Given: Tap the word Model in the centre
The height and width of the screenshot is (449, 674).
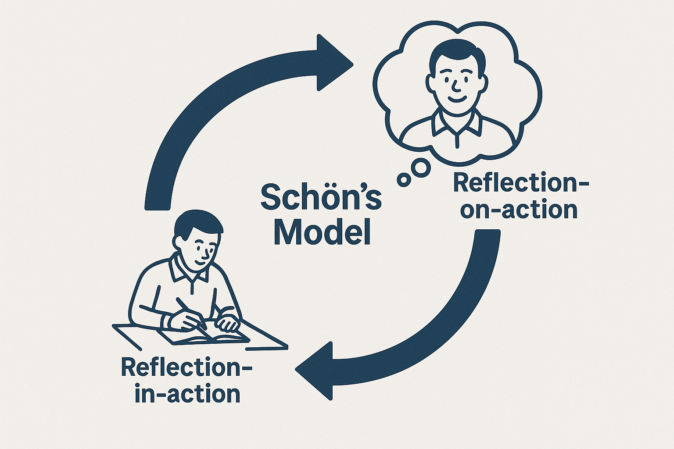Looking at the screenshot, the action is (x=322, y=232).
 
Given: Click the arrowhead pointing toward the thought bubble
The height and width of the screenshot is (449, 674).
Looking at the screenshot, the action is (x=333, y=63).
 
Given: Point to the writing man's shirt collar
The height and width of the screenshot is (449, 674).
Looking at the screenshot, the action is (x=189, y=269).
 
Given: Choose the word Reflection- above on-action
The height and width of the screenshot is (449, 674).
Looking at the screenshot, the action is (x=521, y=183).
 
